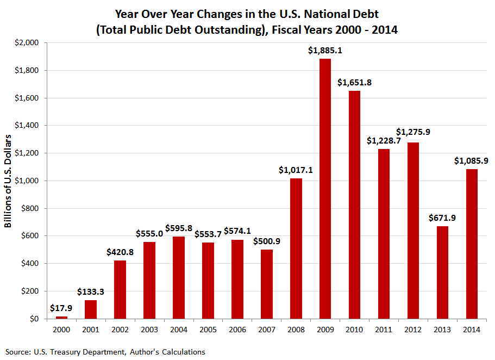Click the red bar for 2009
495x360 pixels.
pyautogui.click(x=325, y=188)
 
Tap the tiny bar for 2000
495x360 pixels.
pyautogui.click(x=61, y=318)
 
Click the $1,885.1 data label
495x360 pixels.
pyautogui.click(x=325, y=51)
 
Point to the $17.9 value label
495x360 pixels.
pyautogui.click(x=61, y=308)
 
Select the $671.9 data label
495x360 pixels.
pyautogui.click(x=442, y=218)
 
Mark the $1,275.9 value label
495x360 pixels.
pyautogui.click(x=413, y=132)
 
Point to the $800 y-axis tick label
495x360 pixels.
pyautogui.click(x=32, y=208)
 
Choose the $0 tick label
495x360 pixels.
pyautogui.click(x=36, y=319)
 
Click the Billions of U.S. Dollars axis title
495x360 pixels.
pyautogui.click(x=9, y=180)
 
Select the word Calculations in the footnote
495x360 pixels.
pyautogui.click(x=184, y=352)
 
